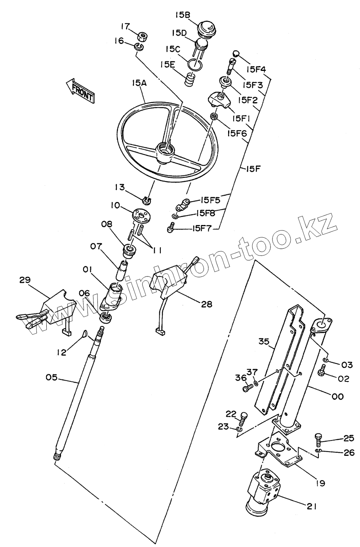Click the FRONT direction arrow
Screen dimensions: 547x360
(80, 91)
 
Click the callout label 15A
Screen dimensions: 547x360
(139, 83)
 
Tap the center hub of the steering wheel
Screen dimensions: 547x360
(165, 151)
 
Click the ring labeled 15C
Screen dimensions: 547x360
(195, 63)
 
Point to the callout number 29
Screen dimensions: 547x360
(25, 280)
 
